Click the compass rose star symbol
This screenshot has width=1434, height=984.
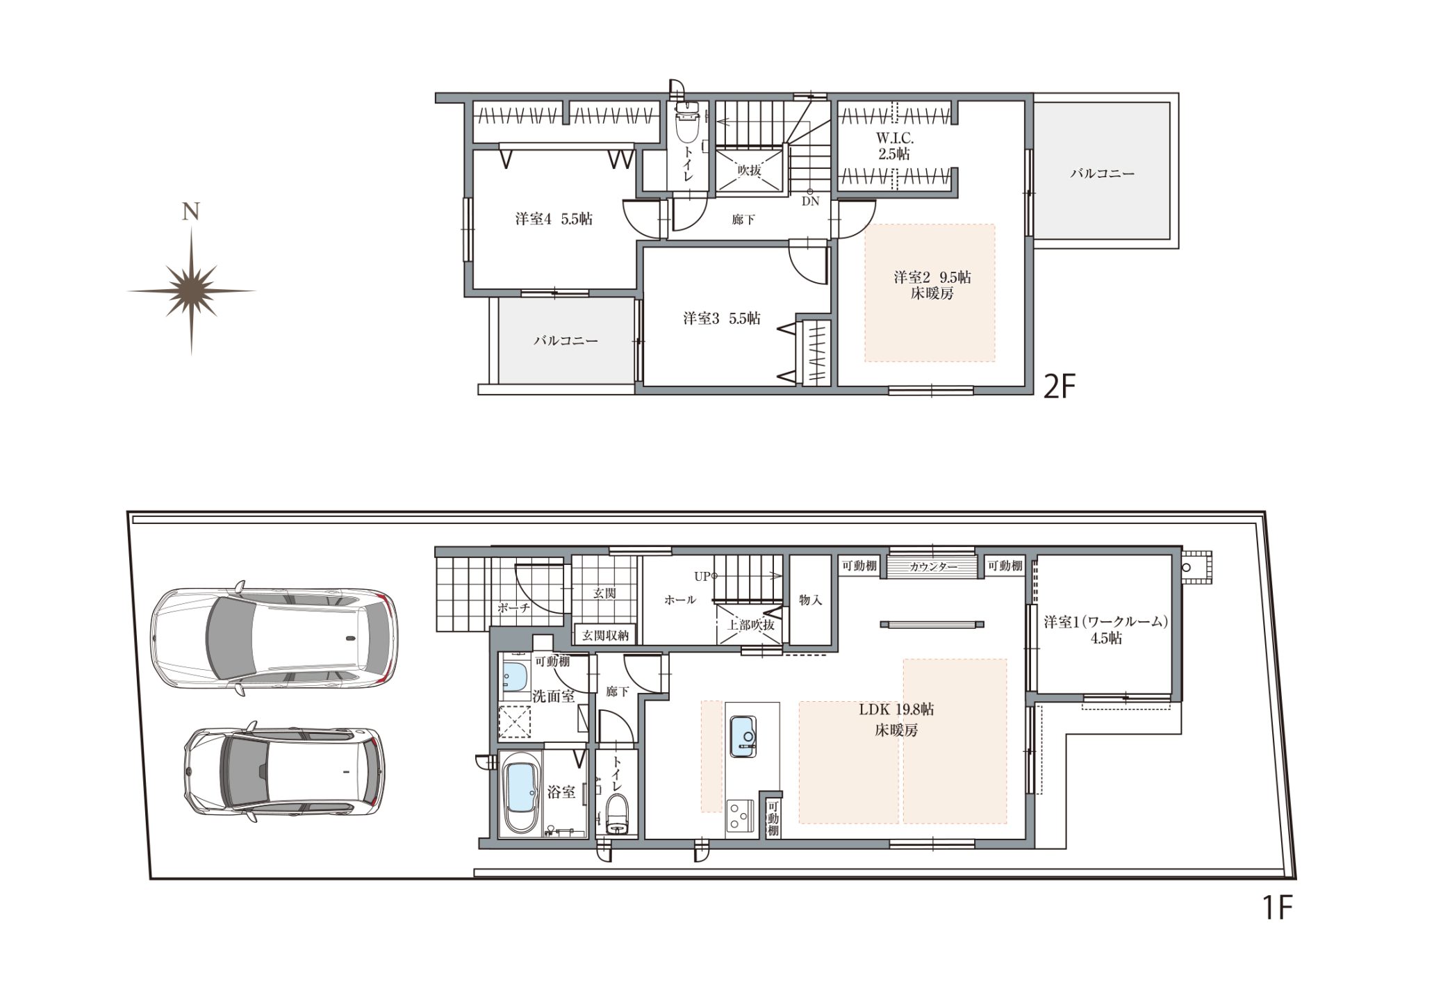pyautogui.click(x=191, y=291)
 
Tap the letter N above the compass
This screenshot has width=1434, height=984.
pyautogui.click(x=191, y=211)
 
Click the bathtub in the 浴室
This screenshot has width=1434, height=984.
pyautogui.click(x=521, y=797)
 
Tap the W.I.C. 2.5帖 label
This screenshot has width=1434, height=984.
pyautogui.click(x=894, y=147)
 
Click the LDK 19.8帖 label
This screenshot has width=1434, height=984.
pyautogui.click(x=896, y=710)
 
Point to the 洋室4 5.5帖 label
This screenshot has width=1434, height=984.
pyautogui.click(x=554, y=219)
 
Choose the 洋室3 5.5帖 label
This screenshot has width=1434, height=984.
pyautogui.click(x=721, y=318)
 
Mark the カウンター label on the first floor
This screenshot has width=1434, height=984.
pyautogui.click(x=933, y=566)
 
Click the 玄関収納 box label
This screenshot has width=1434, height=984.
pyautogui.click(x=604, y=634)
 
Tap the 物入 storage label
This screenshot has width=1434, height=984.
pyautogui.click(x=810, y=600)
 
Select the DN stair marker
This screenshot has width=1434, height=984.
pyautogui.click(x=810, y=202)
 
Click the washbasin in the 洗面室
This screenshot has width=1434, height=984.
pyautogui.click(x=515, y=676)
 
